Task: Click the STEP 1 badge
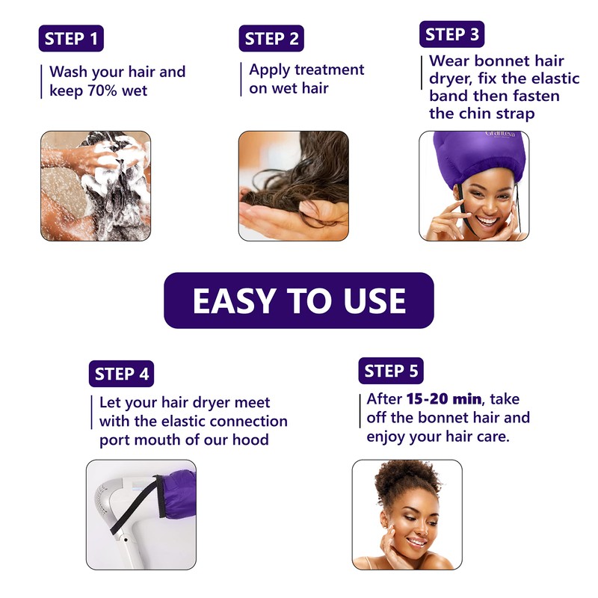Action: click(71, 38)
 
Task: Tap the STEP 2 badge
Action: click(271, 38)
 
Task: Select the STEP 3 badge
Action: click(452, 34)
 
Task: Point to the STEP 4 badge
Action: click(121, 374)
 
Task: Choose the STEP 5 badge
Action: click(391, 371)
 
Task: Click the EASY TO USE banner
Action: click(299, 300)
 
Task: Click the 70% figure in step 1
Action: click(102, 90)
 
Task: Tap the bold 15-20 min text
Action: click(444, 399)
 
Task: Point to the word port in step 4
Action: click(114, 440)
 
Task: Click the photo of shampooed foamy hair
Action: click(96, 186)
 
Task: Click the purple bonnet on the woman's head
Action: click(479, 156)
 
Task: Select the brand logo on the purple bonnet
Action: click(500, 135)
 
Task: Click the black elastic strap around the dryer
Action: click(138, 504)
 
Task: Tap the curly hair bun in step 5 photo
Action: click(407, 479)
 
